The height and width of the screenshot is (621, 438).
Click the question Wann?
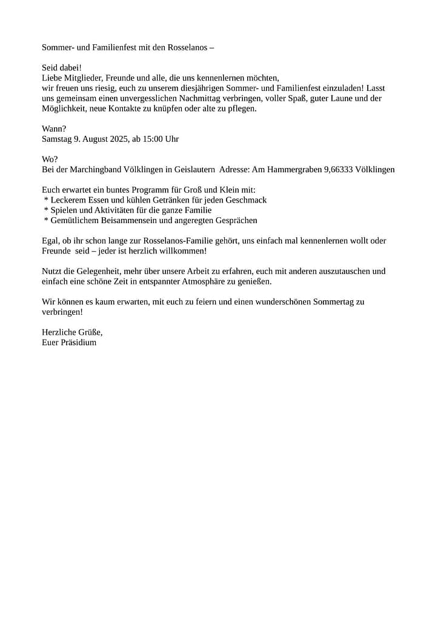tap(54, 129)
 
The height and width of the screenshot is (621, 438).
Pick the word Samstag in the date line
tap(57, 139)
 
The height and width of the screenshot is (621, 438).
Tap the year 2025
tap(118, 139)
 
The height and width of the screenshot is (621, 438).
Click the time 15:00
tap(153, 139)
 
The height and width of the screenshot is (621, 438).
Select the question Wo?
tap(50, 159)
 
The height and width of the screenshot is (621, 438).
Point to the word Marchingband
tap(95, 170)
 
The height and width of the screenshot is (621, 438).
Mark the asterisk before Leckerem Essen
tap(46, 200)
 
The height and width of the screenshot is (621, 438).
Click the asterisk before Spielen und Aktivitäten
tap(46, 210)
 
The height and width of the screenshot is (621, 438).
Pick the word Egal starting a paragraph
tap(50, 241)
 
